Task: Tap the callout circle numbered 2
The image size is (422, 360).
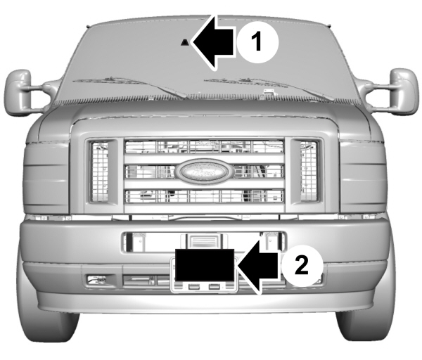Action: (x=302, y=266)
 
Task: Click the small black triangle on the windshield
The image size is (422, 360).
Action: (x=184, y=42)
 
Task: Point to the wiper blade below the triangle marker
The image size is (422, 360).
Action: (x=134, y=85)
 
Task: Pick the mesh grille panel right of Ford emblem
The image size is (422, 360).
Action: (x=307, y=170)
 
